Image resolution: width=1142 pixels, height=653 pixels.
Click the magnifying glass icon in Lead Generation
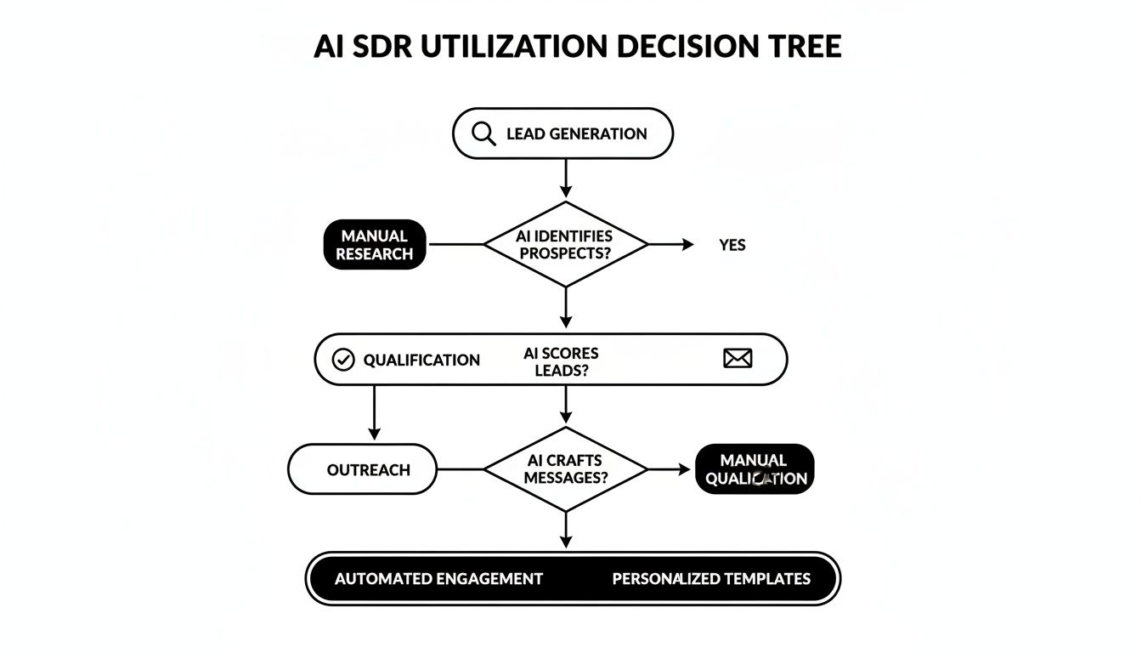[x=483, y=133]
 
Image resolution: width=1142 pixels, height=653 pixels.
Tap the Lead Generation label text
[x=576, y=133]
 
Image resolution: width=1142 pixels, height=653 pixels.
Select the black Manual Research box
[x=375, y=245]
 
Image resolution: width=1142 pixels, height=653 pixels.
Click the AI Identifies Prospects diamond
[x=566, y=245]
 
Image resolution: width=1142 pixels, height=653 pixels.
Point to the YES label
[x=732, y=245]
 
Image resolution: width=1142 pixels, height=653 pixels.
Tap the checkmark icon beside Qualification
[x=342, y=360]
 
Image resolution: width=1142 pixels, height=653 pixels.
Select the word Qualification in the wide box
[x=421, y=360]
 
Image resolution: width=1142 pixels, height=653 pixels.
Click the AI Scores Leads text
[x=561, y=361]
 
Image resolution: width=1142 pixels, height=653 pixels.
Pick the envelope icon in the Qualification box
[x=738, y=359]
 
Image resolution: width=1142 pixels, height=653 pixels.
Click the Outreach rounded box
[x=363, y=469]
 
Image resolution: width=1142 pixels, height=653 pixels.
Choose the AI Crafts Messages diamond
[x=566, y=469]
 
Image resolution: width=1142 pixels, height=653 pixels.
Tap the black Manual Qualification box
[x=755, y=469]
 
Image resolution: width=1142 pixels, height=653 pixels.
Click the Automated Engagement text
[x=438, y=579]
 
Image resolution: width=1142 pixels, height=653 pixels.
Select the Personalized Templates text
[x=711, y=579]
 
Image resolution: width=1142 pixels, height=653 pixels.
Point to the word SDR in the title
[x=382, y=46]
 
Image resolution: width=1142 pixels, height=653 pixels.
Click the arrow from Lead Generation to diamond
[x=566, y=179]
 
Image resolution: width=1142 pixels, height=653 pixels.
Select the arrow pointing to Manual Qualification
[x=671, y=469]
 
